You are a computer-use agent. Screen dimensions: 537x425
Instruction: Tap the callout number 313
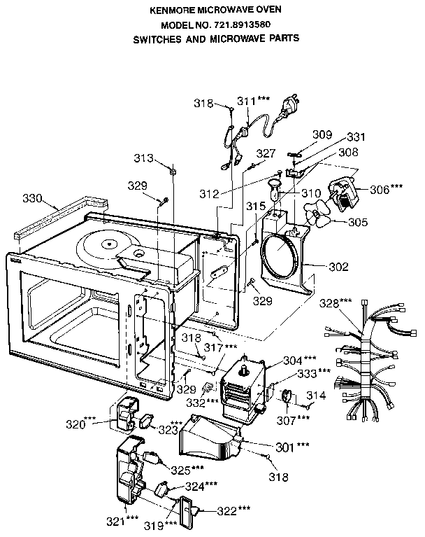point(143,158)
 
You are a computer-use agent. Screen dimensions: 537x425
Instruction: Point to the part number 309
point(322,134)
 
